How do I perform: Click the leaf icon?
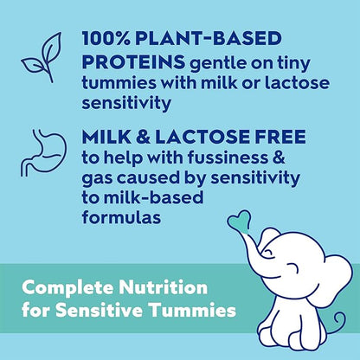41,54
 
